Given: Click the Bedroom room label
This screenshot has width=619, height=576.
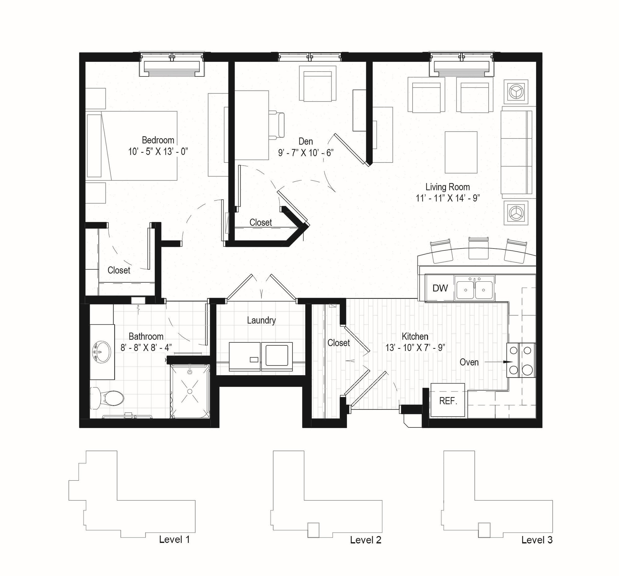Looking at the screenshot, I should pyautogui.click(x=158, y=140).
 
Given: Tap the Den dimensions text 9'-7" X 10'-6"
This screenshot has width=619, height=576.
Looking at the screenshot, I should pyautogui.click(x=306, y=153).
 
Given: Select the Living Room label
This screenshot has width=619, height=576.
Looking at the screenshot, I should pyautogui.click(x=448, y=187).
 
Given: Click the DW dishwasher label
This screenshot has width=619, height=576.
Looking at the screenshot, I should pyautogui.click(x=440, y=288).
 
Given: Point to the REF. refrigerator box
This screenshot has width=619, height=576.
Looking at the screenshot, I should pyautogui.click(x=448, y=401).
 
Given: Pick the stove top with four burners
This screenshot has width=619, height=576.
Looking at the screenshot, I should pyautogui.click(x=521, y=360).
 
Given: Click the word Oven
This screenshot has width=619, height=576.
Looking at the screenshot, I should pyautogui.click(x=469, y=362).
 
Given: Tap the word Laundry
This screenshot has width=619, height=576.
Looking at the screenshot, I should pyautogui.click(x=261, y=320).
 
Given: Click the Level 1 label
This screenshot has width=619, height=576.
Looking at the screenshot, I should pyautogui.click(x=174, y=539).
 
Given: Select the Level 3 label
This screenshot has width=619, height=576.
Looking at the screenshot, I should pyautogui.click(x=537, y=539).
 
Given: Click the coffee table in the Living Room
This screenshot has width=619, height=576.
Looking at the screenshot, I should pyautogui.click(x=461, y=152).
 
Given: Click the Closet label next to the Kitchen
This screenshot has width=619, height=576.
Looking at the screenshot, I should pyautogui.click(x=339, y=343).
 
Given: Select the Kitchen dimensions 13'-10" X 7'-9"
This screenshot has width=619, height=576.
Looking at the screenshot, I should pyautogui.click(x=415, y=348).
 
